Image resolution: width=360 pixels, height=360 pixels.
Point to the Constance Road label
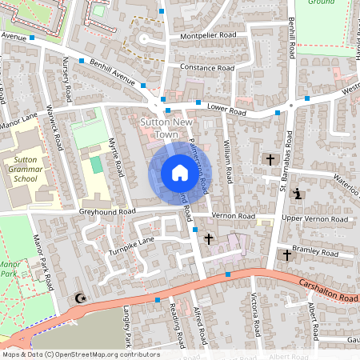[x=207, y=68]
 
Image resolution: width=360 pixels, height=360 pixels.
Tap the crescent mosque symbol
[x=79, y=298]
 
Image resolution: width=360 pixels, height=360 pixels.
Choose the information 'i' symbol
[x=298, y=194]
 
